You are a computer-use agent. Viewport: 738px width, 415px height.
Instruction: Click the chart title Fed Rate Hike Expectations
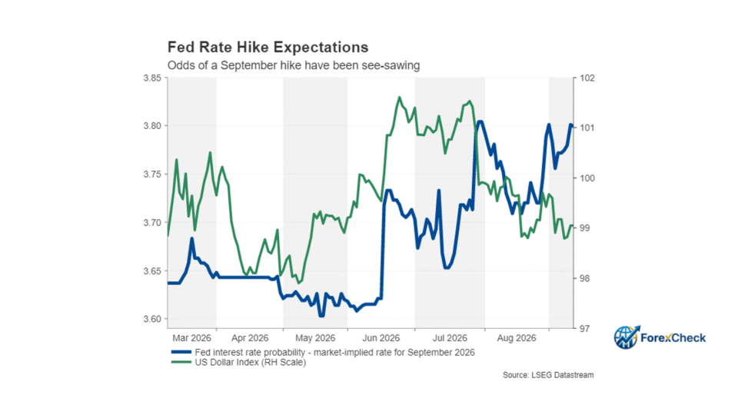[268, 48]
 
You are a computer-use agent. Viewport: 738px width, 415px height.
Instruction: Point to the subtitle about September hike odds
[294, 65]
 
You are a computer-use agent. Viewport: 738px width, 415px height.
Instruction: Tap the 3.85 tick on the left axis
[152, 78]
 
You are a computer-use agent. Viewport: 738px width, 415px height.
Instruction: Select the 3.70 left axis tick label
[152, 223]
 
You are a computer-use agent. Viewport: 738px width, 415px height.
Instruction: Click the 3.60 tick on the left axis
[152, 319]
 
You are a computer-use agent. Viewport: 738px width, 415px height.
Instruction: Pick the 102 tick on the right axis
[587, 78]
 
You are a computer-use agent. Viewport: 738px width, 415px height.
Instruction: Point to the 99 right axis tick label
[584, 228]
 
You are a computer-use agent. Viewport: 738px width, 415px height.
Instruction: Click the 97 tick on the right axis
[584, 328]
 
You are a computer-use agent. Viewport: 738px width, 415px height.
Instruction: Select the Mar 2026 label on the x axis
[191, 338]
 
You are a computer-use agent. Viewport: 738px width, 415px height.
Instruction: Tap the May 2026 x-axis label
[315, 338]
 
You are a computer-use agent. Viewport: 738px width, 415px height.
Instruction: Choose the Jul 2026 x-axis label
[450, 338]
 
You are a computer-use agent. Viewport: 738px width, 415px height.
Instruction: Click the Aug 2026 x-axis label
[517, 338]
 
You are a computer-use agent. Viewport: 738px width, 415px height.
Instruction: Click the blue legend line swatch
[181, 353]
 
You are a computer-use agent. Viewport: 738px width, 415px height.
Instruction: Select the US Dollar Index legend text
[251, 362]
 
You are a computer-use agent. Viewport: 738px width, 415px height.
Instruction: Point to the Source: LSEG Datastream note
[548, 375]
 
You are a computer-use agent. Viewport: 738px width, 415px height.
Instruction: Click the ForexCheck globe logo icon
[627, 337]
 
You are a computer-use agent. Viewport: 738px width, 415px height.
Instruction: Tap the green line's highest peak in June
[400, 98]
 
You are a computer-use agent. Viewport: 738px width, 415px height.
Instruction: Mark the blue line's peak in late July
[480, 122]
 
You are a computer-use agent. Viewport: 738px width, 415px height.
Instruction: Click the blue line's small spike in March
[192, 238]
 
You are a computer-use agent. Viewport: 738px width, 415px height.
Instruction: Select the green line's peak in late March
[210, 152]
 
